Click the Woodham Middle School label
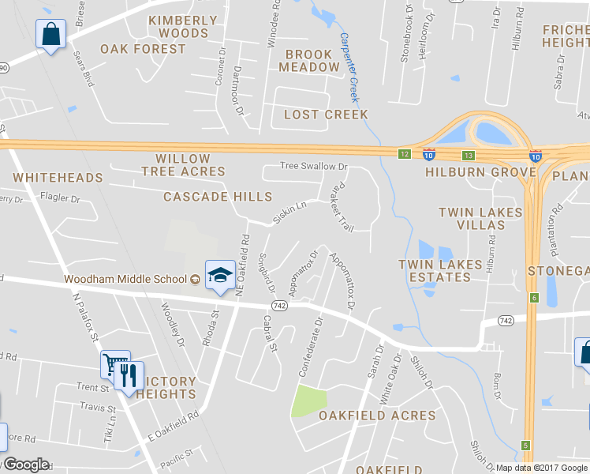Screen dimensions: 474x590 tap(125, 279)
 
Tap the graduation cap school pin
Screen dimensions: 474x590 tap(218, 274)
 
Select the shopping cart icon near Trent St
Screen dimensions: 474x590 tap(114, 364)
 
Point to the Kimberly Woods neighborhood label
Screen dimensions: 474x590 tap(183, 27)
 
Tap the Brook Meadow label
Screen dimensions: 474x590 tap(309, 61)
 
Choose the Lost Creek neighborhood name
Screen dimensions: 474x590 tap(326, 115)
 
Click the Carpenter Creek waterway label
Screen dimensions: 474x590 tap(349, 67)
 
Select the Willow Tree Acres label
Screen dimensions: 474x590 tap(183, 165)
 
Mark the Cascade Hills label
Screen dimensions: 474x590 tap(218, 197)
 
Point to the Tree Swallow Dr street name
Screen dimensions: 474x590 tap(314, 167)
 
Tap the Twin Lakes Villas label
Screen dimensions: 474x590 tap(480, 219)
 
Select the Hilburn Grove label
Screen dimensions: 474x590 tap(469, 171)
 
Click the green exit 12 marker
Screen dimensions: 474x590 tap(404, 153)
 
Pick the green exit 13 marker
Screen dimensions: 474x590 tap(469, 155)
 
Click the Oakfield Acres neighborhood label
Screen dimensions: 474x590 tap(377, 416)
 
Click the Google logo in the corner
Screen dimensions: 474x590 tap(25, 465)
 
